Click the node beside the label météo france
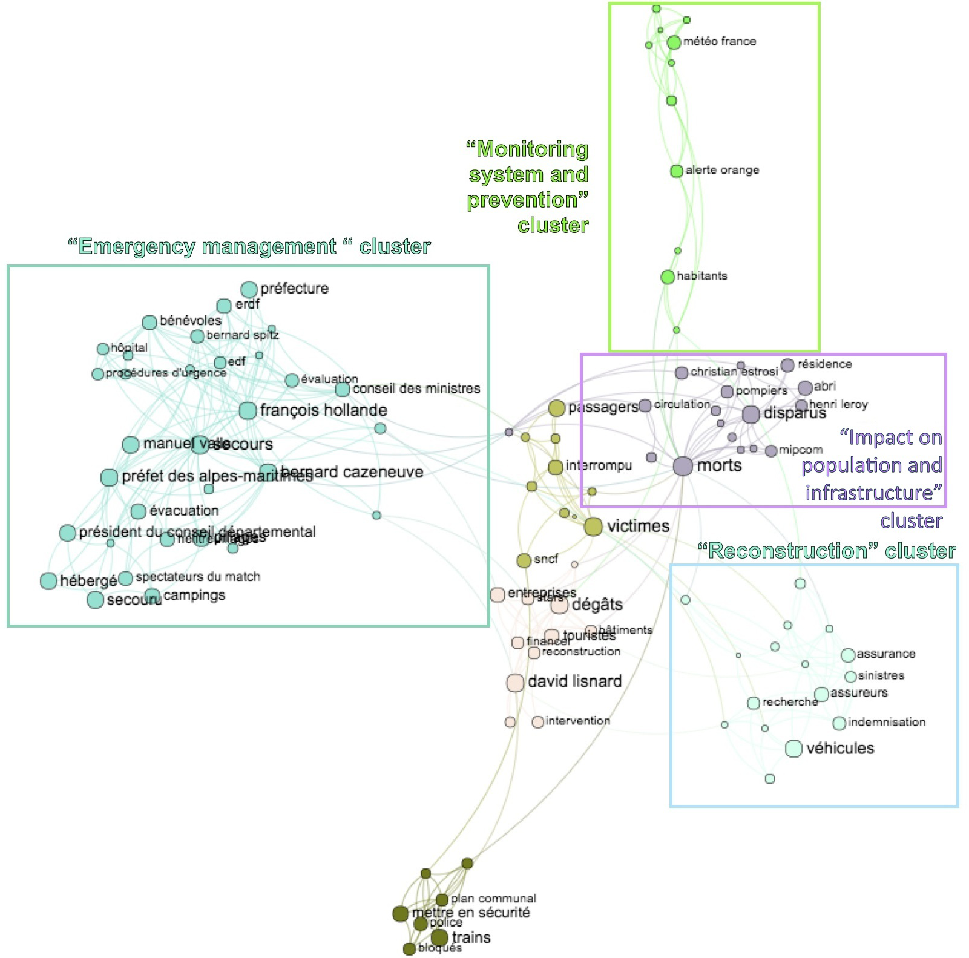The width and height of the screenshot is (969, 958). [x=674, y=42]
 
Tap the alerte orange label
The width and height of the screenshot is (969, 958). [x=722, y=171]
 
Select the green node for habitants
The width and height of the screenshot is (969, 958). [x=668, y=277]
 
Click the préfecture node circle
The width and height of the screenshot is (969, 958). [x=249, y=289]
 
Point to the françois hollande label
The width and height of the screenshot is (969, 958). [x=323, y=410]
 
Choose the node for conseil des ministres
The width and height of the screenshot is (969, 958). [x=343, y=389]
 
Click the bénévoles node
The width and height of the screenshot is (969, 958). [x=149, y=322]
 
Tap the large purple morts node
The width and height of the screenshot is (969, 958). [x=683, y=466]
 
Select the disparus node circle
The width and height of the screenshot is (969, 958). [x=751, y=415]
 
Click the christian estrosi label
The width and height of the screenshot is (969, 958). [x=734, y=372]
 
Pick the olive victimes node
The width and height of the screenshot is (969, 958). [x=593, y=527]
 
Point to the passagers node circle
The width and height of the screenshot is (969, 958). [x=557, y=408]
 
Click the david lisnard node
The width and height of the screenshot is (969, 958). [x=515, y=683]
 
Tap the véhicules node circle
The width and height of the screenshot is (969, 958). [x=793, y=749]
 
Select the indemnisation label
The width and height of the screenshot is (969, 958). [x=887, y=722]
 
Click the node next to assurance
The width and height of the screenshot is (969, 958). [x=848, y=655]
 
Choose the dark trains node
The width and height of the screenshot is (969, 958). [x=439, y=937]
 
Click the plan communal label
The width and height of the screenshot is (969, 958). [x=493, y=899]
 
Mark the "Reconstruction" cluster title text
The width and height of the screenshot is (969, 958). [x=826, y=551]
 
